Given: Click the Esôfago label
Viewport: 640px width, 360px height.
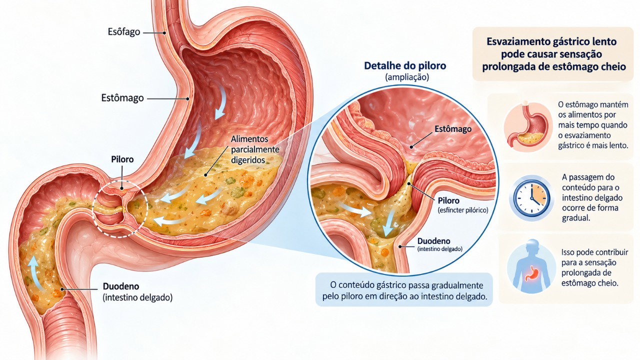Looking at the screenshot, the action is click(x=124, y=31).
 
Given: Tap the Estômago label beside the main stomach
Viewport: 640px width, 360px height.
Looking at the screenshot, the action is click(x=122, y=98).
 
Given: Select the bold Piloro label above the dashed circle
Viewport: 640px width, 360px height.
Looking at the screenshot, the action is click(x=122, y=159).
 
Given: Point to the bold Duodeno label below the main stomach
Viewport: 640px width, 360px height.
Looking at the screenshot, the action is click(x=121, y=286).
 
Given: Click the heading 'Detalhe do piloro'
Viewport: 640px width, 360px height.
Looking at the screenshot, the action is click(x=405, y=65).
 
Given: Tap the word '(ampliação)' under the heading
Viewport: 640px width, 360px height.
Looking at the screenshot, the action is click(x=407, y=77).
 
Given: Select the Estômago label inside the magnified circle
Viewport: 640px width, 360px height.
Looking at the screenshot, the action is click(x=453, y=129).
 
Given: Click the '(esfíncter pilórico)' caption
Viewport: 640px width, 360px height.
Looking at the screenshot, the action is click(x=463, y=210).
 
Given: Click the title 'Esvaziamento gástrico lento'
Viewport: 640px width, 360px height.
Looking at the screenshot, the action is click(x=551, y=41).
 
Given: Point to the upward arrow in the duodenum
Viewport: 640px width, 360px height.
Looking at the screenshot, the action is click(x=35, y=272).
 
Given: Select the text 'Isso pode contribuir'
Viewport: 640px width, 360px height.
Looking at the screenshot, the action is click(x=594, y=252).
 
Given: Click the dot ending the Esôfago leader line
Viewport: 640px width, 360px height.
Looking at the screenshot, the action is click(x=164, y=33).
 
